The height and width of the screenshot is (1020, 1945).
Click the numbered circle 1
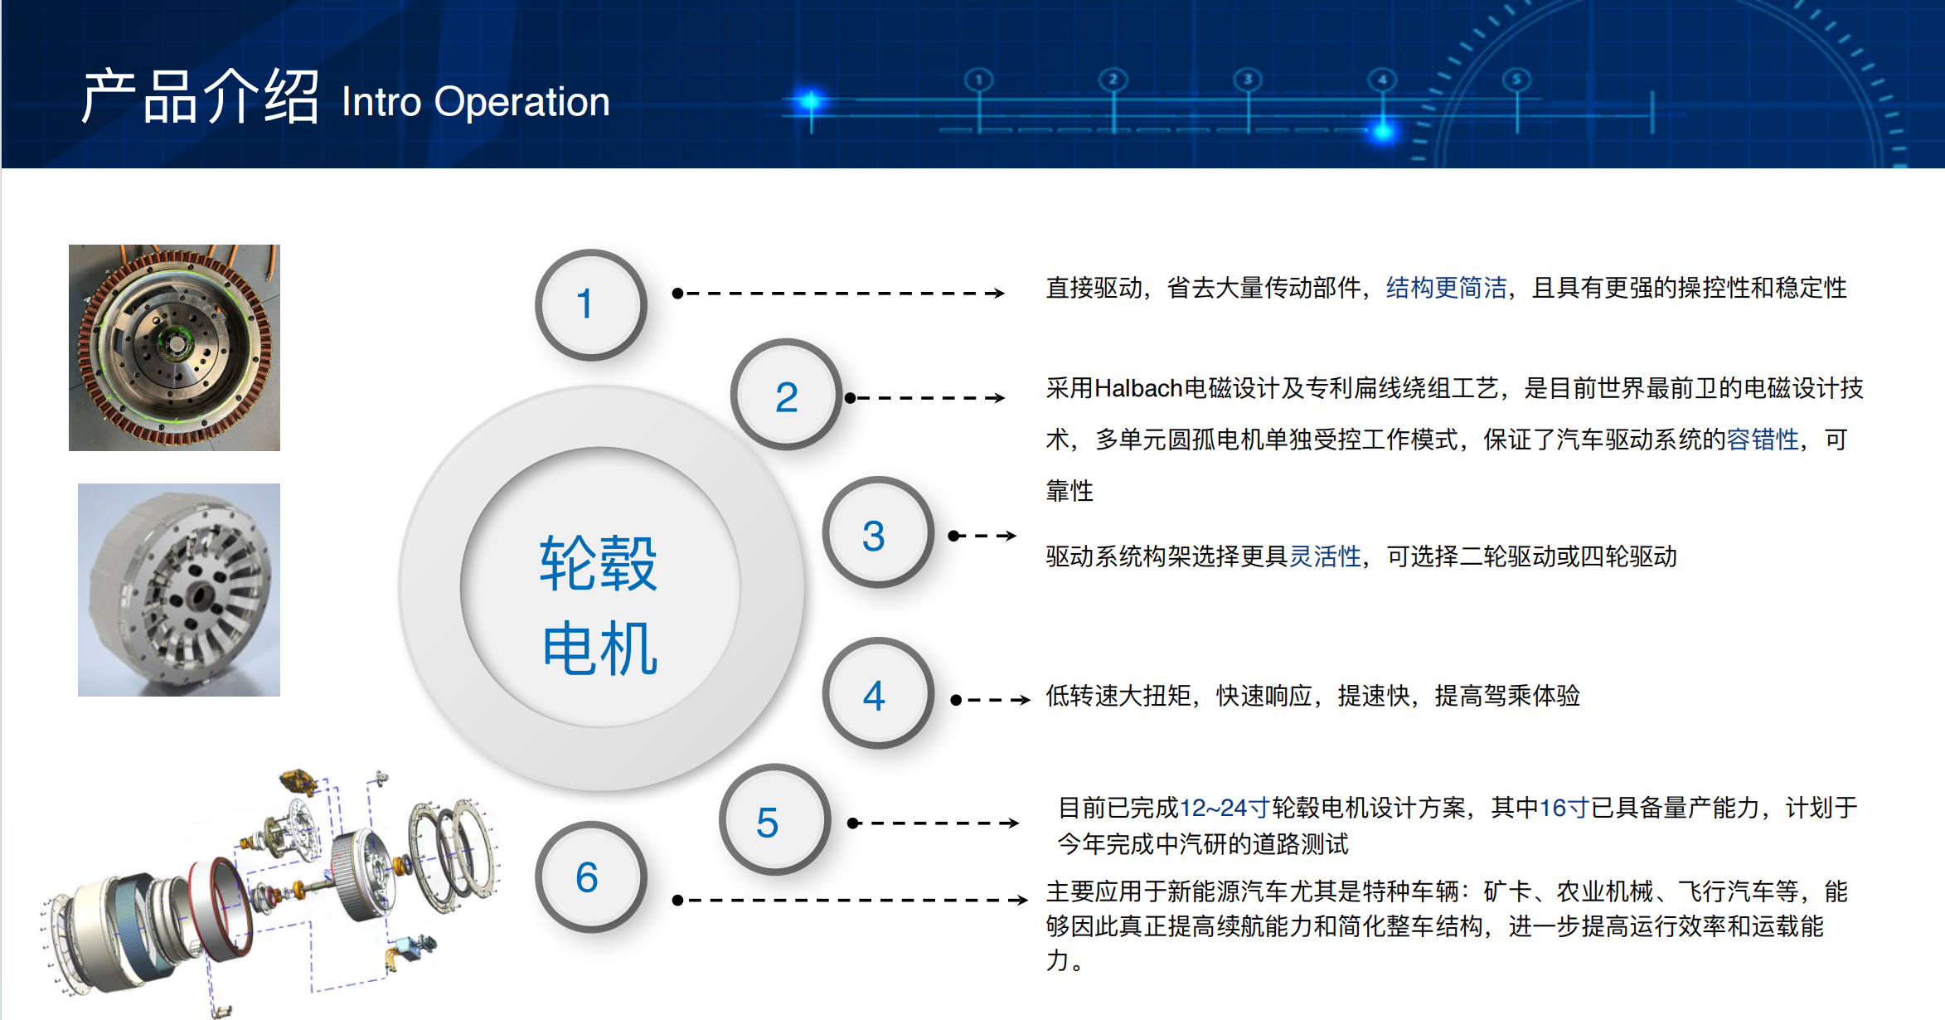click(x=590, y=304)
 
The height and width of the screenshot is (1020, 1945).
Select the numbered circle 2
click(x=786, y=395)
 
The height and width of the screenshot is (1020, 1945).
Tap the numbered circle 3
click(x=877, y=532)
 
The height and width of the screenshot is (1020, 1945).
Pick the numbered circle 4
click(x=877, y=693)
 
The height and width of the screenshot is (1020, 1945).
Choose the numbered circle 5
click(x=774, y=819)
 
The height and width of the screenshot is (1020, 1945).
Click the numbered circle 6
click(x=590, y=877)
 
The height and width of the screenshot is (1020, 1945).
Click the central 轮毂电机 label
click(x=599, y=605)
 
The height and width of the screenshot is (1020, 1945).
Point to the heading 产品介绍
click(x=200, y=97)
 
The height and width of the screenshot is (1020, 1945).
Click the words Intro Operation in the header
click(x=475, y=102)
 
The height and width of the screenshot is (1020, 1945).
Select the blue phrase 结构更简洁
click(x=1446, y=288)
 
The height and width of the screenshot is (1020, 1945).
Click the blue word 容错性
click(x=1763, y=440)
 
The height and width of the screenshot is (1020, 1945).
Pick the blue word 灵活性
click(x=1325, y=556)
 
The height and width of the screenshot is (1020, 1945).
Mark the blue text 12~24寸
click(x=1225, y=808)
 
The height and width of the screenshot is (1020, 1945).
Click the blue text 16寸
click(x=1564, y=808)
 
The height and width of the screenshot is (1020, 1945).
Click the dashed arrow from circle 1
click(x=839, y=293)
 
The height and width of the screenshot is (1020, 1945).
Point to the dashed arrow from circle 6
click(x=851, y=900)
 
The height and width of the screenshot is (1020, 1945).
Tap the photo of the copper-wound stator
click(x=174, y=347)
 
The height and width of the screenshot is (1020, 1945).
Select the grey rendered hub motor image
click(x=179, y=590)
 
